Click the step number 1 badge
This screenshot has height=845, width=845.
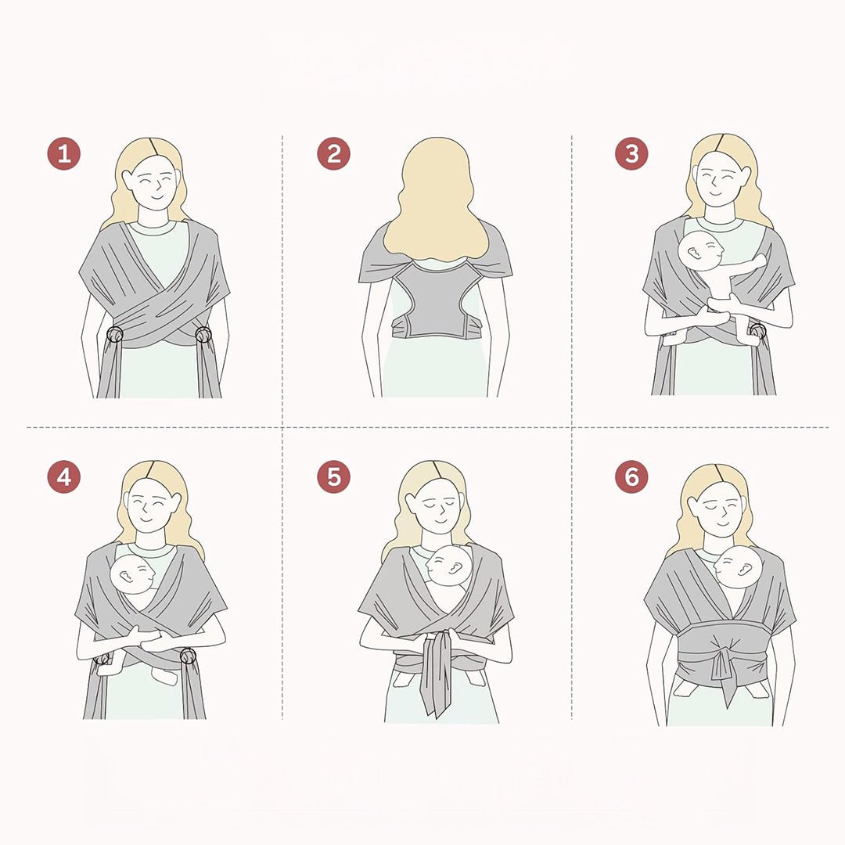pos(63,153)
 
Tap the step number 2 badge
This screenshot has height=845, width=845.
pos(333,153)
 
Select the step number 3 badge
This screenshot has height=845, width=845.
pos(631,153)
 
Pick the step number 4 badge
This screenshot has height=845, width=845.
pos(63,477)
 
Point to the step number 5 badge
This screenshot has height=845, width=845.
pos(333,477)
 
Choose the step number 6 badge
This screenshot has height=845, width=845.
pos(631,477)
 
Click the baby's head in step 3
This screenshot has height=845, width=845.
pos(700,250)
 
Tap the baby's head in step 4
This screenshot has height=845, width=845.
pos(132,574)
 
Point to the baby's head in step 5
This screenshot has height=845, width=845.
pos(448,566)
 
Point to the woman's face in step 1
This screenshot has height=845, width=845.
pos(155,186)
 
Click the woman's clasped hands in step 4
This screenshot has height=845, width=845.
pos(153,640)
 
